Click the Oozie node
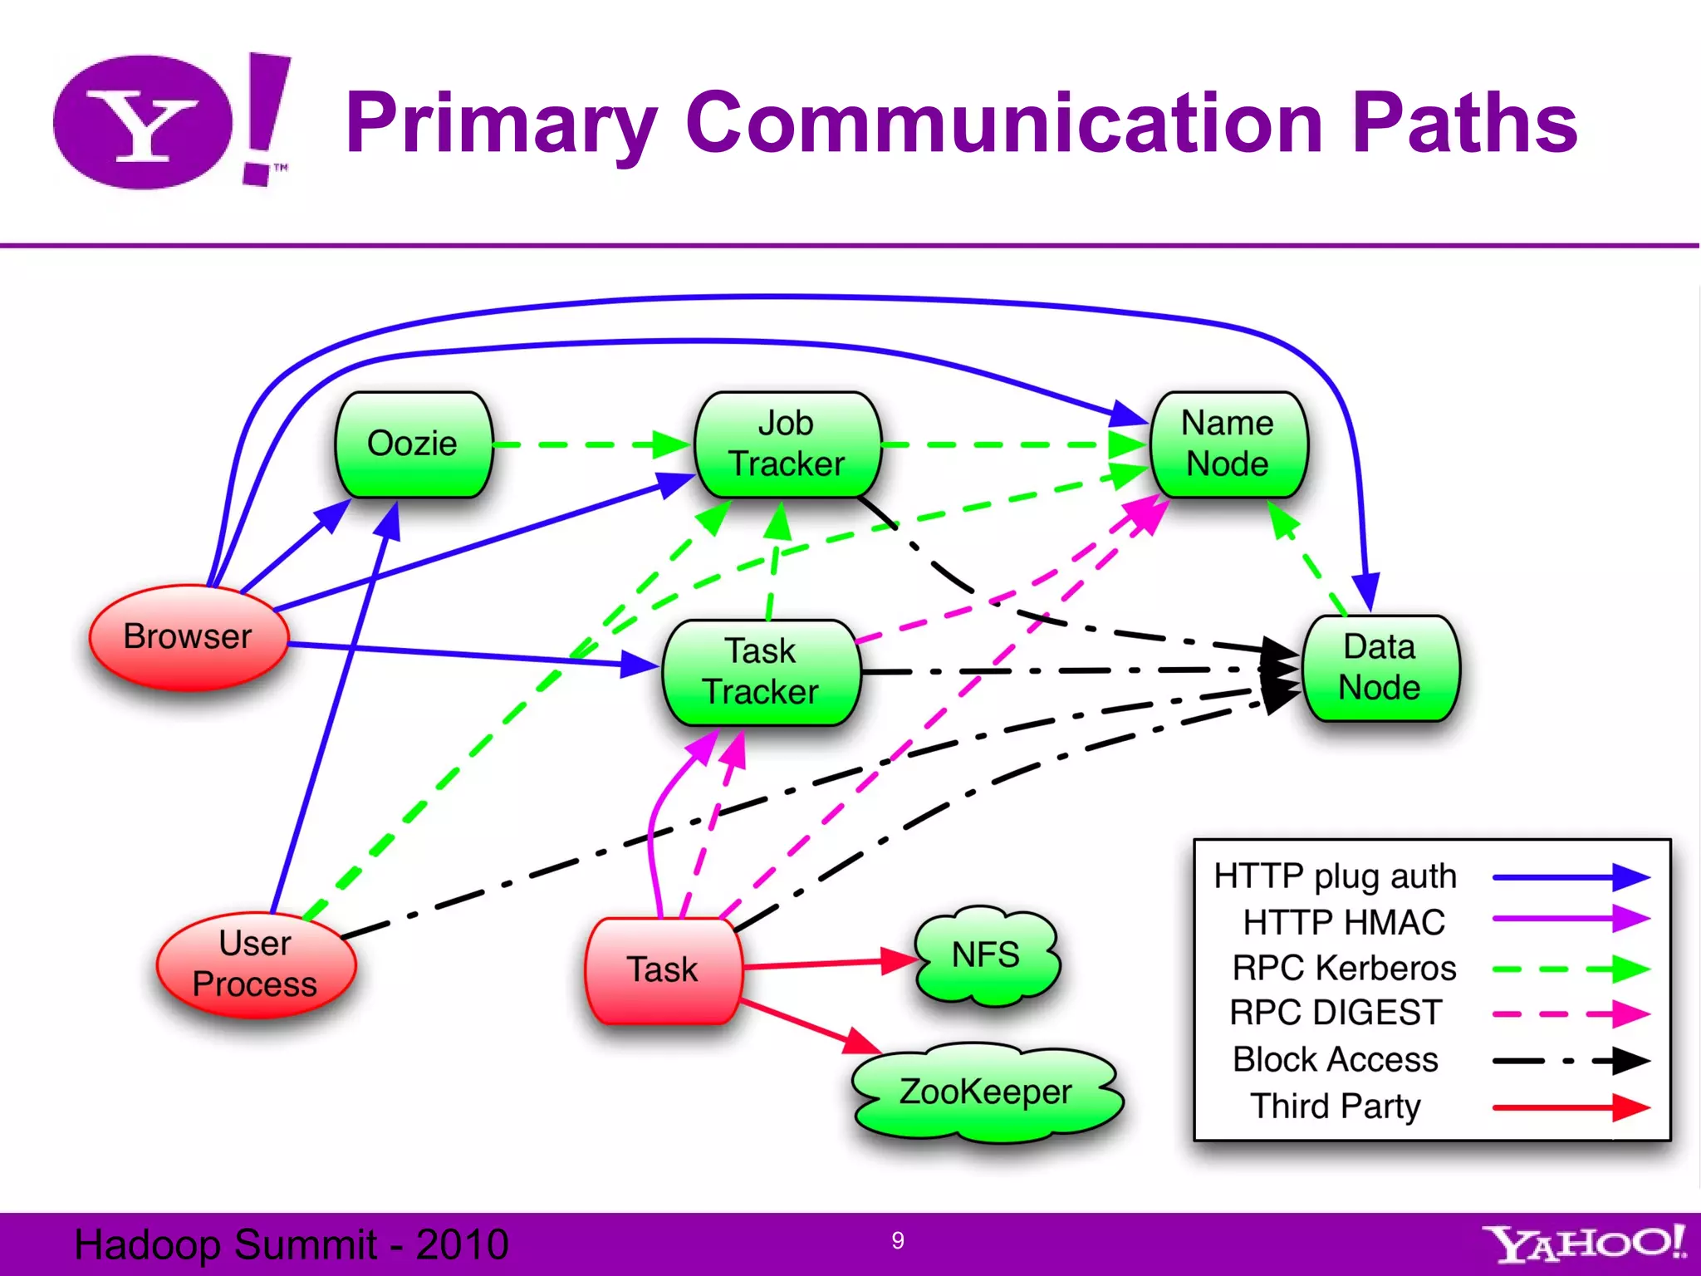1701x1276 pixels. (413, 444)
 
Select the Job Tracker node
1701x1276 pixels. (787, 444)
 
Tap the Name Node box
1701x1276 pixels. (1228, 444)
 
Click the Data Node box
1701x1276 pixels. (1380, 668)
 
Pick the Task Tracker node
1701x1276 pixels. (761, 672)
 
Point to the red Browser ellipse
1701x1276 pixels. (188, 637)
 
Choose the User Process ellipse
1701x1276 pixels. (255, 964)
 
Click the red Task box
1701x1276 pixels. (662, 969)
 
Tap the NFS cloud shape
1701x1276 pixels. (986, 955)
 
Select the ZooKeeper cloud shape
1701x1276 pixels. (986, 1092)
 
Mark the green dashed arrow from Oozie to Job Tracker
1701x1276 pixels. (590, 444)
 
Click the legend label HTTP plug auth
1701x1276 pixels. (1335, 876)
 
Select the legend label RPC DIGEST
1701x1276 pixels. (1336, 1013)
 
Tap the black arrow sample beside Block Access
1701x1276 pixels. (1570, 1061)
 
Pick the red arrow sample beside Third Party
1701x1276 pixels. (1570, 1107)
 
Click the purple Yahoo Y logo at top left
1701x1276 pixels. (143, 123)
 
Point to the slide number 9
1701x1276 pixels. (898, 1240)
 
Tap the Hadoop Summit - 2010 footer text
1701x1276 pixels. (291, 1244)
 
